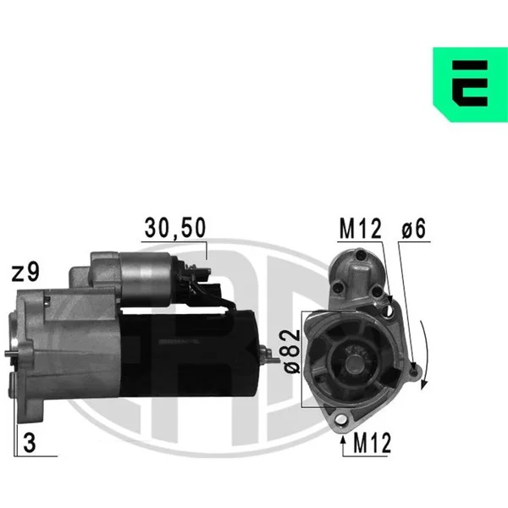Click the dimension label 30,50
[x=175, y=228]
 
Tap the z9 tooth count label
[x=25, y=273]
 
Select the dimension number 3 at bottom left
[x=30, y=443]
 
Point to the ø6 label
[x=414, y=229]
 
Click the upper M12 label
[x=361, y=229]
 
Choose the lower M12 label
[x=373, y=443]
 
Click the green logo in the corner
[x=471, y=85]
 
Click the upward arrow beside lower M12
[x=343, y=445]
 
